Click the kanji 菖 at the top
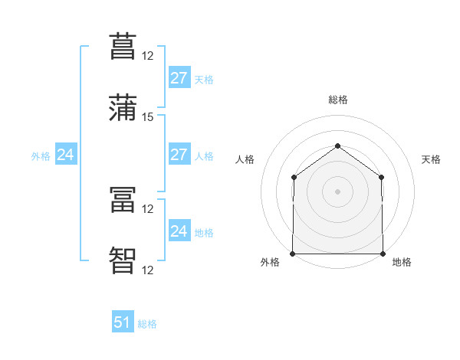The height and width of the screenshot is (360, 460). coord(123,46)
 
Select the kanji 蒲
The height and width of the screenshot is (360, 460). coord(123,107)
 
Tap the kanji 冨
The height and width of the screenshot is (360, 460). coord(123,199)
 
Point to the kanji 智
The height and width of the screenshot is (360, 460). coord(123,260)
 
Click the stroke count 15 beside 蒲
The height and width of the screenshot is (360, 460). coord(147,117)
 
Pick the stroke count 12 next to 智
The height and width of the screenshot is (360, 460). coord(147,270)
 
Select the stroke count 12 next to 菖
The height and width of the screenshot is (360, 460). coord(147,56)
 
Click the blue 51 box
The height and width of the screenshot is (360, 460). coord(123,321)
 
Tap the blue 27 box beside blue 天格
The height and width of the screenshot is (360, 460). coord(179,77)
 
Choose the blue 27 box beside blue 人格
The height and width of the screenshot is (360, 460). coord(179,154)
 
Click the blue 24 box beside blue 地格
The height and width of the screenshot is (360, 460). coord(179,230)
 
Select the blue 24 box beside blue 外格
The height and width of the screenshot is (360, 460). coord(66,154)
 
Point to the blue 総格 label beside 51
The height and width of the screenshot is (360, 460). coord(147,324)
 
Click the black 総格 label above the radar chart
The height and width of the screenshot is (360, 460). coord(338,100)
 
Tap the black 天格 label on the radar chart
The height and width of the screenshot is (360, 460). coord(431,159)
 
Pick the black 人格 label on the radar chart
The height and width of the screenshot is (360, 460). coord(245,159)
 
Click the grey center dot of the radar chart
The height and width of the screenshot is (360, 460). coord(337,191)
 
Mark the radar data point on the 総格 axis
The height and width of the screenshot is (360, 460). coord(337,146)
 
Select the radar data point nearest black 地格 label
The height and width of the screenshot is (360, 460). coord(383,254)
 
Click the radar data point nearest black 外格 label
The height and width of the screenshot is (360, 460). coord(293,254)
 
